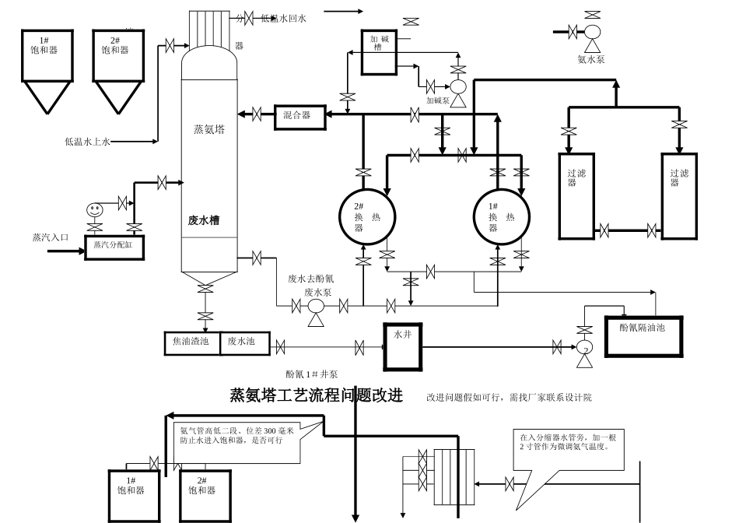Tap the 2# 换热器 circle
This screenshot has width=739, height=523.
pyautogui.click(x=367, y=217)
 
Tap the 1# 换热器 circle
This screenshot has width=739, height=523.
pyautogui.click(x=502, y=217)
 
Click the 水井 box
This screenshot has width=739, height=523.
pyautogui.click(x=402, y=346)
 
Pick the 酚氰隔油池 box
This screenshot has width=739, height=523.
pyautogui.click(x=643, y=336)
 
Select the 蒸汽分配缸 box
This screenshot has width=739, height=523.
pyautogui.click(x=114, y=246)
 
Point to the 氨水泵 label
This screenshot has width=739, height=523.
pyautogui.click(x=591, y=59)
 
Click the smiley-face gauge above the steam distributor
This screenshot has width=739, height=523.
pyautogui.click(x=94, y=209)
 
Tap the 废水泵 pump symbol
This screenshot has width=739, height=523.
pyautogui.click(x=316, y=307)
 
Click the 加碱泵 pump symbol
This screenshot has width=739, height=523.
pyautogui.click(x=458, y=87)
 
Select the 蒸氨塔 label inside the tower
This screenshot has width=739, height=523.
pyautogui.click(x=209, y=130)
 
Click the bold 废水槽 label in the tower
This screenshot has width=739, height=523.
pyautogui.click(x=204, y=220)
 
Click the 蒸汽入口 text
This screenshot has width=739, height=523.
pyautogui.click(x=51, y=237)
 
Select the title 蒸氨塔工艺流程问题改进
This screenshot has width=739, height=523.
pyautogui.click(x=316, y=395)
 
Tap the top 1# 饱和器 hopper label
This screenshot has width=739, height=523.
pyautogui.click(x=47, y=46)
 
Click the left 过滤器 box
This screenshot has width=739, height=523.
pyautogui.click(x=576, y=196)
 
